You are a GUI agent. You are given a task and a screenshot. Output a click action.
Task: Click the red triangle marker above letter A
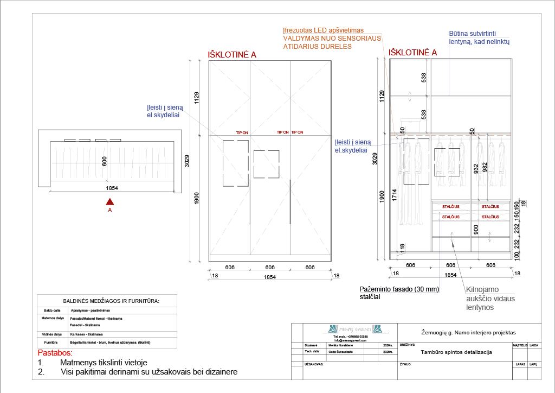pos(109,201)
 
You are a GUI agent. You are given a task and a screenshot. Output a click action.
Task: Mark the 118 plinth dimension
pos(402,248)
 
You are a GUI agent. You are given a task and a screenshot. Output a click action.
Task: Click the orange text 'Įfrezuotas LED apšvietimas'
pos(323,30)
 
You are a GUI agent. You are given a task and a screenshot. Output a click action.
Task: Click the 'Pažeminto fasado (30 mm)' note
pos(399,289)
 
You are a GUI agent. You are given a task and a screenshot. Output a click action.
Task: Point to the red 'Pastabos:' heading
pos(55,353)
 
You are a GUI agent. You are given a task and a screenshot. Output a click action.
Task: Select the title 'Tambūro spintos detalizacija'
pos(456,352)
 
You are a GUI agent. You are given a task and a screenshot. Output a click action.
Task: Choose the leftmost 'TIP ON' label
pos(242,132)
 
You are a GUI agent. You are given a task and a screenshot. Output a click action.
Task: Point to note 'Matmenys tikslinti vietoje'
pos(104,363)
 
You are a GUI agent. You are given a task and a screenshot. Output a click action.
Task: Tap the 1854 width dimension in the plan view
pos(112,188)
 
